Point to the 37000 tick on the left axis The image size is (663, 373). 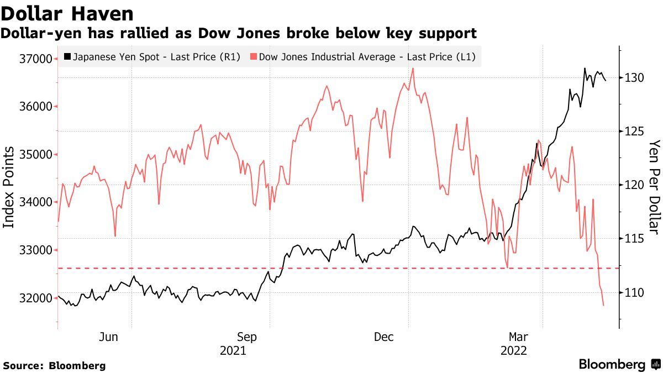(36, 59)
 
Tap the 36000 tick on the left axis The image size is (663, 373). (36, 107)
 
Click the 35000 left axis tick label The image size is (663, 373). (36, 155)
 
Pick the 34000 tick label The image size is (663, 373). (36, 202)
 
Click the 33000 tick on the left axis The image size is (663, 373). (36, 250)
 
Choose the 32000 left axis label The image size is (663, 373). (36, 298)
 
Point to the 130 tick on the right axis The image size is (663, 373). (632, 77)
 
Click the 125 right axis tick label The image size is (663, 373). (632, 131)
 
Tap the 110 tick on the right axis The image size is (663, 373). (632, 292)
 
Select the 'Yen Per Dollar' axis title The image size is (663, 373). (654, 187)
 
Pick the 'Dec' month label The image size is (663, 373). (383, 337)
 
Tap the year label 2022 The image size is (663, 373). (513, 350)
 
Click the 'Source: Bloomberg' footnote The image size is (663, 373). (54, 365)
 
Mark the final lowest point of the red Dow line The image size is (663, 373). (603, 305)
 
